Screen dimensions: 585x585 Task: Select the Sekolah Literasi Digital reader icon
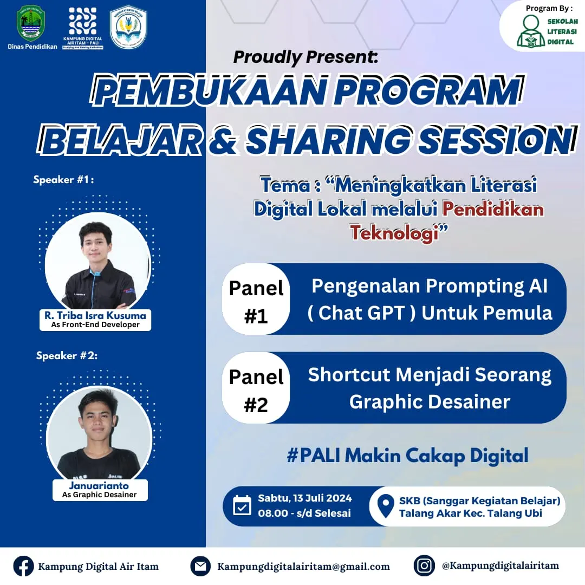(530, 31)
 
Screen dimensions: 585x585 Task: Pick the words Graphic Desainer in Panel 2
(430, 402)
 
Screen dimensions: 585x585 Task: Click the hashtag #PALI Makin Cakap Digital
(407, 456)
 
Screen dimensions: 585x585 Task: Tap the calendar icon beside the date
(242, 505)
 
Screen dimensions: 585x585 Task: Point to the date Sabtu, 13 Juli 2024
(305, 498)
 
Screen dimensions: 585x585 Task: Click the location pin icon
(385, 506)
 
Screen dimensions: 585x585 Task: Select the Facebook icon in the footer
(23, 566)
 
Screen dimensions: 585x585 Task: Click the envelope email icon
(200, 566)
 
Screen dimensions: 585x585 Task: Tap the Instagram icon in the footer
(424, 565)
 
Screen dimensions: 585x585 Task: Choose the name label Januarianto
(99, 485)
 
